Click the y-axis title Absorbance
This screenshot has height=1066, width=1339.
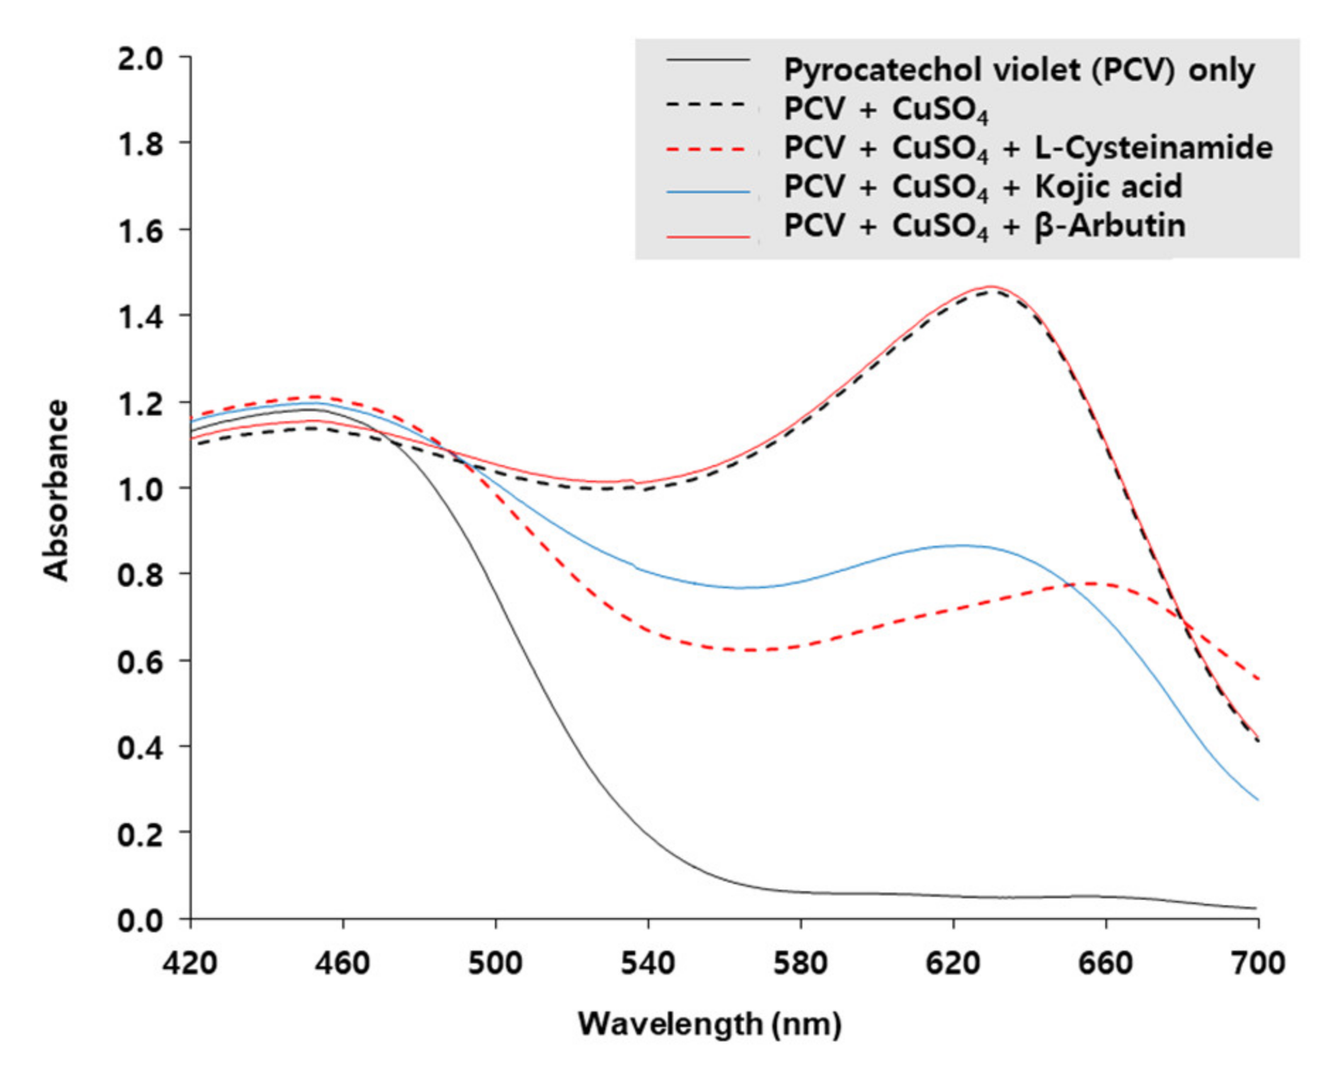click(x=56, y=490)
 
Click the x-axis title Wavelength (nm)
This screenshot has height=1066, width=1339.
click(x=710, y=1024)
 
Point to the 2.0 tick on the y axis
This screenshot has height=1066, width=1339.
click(x=140, y=58)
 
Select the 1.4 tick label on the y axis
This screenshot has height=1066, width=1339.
click(x=140, y=317)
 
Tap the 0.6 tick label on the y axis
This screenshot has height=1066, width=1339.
click(x=140, y=661)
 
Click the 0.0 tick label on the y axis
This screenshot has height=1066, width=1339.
click(x=140, y=920)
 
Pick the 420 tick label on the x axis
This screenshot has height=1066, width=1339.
click(x=190, y=963)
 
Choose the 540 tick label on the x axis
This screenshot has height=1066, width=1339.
click(x=648, y=963)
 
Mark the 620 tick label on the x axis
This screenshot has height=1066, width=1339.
click(x=953, y=963)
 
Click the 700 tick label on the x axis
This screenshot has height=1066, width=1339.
click(x=1258, y=963)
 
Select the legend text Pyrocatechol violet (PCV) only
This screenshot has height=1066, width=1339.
click(x=1018, y=70)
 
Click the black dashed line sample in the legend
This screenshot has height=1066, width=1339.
click(x=707, y=105)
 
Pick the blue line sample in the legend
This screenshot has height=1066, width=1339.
click(x=707, y=191)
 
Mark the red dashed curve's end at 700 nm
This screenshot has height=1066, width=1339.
click(x=1258, y=680)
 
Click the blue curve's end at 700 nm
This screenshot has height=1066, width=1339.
click(x=1258, y=800)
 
